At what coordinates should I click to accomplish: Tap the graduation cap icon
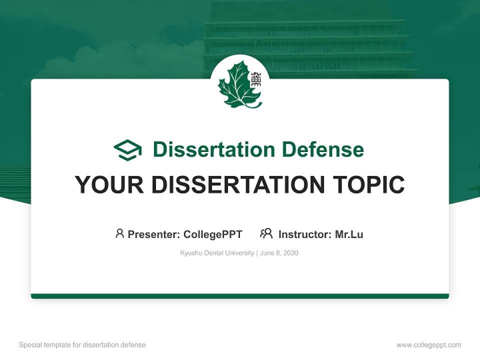click(127, 149)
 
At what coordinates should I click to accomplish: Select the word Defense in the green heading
click(323, 149)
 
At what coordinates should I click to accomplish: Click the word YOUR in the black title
click(109, 184)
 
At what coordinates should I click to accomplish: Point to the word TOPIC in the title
click(368, 184)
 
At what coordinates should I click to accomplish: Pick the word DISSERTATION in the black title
click(238, 184)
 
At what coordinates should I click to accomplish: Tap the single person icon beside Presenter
click(119, 233)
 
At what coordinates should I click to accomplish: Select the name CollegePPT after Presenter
click(213, 234)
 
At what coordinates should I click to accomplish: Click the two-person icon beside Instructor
click(266, 233)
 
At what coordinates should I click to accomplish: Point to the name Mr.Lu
click(349, 234)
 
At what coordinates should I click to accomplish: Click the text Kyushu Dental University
click(217, 253)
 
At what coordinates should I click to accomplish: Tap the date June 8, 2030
click(279, 253)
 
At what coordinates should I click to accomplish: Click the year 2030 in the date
click(291, 253)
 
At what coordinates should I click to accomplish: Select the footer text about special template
click(82, 345)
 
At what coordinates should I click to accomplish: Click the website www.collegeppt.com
click(428, 345)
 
